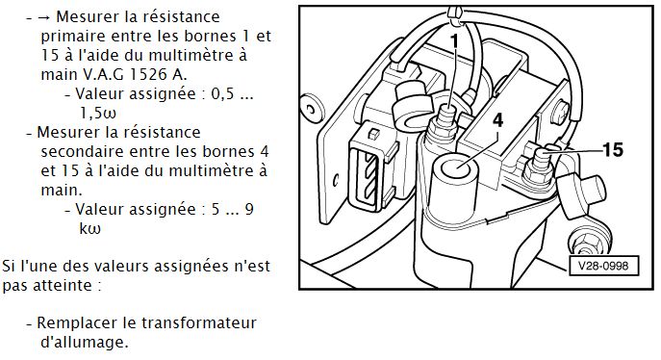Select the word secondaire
click(x=82, y=152)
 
